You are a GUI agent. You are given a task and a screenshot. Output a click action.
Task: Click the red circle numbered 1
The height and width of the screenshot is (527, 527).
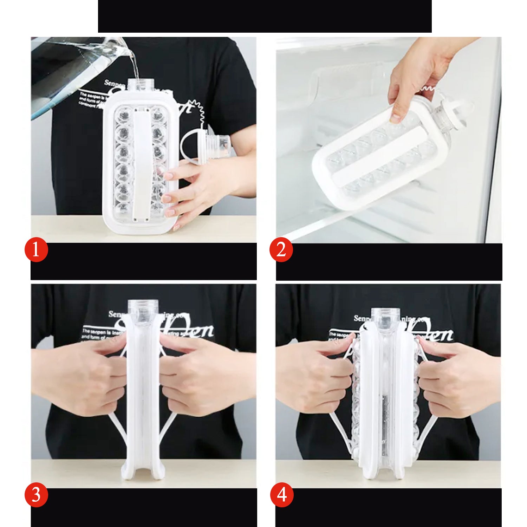point(36,250)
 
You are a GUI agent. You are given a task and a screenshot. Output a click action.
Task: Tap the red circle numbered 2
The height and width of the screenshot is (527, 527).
point(281,250)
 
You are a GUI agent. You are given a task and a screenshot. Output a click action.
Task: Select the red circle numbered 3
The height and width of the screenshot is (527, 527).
point(36,495)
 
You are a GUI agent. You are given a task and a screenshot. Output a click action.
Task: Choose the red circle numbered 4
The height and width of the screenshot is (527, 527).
point(281,495)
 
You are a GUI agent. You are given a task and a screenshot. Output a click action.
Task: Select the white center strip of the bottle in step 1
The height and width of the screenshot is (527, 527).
point(142,165)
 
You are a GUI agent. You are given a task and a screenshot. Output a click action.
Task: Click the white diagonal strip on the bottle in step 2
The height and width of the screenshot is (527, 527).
point(379,155)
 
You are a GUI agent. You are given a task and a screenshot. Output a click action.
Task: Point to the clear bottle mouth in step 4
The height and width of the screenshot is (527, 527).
point(385,318)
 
